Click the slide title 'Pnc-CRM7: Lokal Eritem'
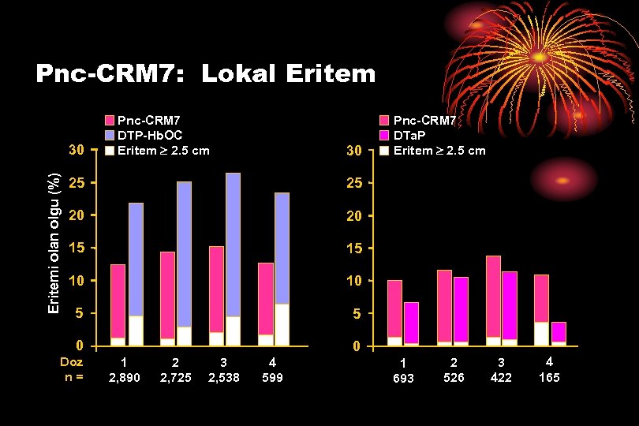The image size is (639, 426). tap(206, 74)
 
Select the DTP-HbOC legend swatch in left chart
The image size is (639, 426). tap(110, 135)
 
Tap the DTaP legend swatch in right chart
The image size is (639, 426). tap(385, 135)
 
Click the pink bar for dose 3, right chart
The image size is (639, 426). tap(493, 296)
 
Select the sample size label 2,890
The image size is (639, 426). tap(124, 378)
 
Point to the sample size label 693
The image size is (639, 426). tap(403, 378)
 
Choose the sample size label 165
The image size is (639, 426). tap(549, 378)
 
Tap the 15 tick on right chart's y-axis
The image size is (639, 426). tap(353, 248)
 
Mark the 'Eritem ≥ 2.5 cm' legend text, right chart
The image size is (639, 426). tap(439, 150)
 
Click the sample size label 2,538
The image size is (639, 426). tap(223, 378)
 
